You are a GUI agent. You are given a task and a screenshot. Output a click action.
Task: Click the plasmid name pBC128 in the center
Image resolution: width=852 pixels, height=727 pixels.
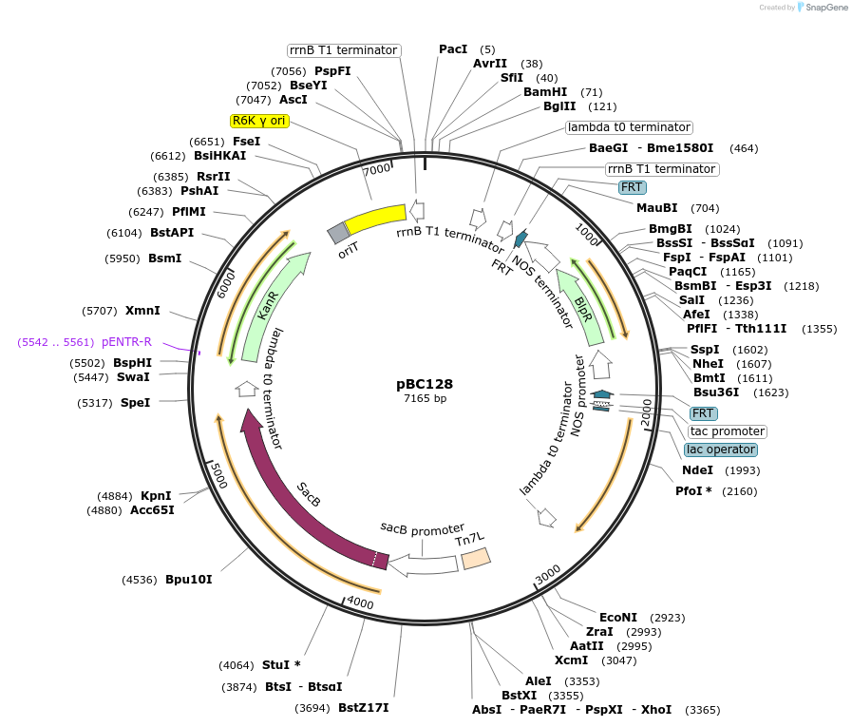coord(425,385)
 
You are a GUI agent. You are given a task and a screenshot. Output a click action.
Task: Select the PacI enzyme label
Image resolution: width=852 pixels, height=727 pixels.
coord(453,49)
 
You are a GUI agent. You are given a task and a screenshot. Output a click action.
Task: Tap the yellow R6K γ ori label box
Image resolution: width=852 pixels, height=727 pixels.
coord(259,121)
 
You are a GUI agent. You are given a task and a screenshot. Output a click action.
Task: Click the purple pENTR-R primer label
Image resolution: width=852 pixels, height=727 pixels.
coord(126,342)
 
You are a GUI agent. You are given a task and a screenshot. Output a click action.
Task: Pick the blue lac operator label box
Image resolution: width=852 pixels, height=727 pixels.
coord(721,450)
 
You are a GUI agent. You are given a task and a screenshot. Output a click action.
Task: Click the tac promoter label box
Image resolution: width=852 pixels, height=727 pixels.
coord(727,431)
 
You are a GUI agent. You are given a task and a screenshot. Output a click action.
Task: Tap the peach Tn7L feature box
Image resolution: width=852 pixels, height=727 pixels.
coord(474,559)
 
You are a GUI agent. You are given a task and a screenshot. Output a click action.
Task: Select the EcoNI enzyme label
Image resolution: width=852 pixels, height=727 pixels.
coord(618,617)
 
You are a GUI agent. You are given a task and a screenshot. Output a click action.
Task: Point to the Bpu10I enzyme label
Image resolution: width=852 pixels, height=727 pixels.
coord(189,579)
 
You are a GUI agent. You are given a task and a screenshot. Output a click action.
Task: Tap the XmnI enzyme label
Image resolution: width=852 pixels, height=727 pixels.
coord(142,311)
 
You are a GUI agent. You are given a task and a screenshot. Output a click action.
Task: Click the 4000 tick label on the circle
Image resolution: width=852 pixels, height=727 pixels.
coord(361,603)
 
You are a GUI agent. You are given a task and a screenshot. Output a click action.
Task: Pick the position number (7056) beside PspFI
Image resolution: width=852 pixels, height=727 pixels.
coord(288,71)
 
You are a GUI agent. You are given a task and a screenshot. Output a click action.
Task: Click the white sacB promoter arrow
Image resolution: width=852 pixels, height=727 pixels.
coord(423,564)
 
